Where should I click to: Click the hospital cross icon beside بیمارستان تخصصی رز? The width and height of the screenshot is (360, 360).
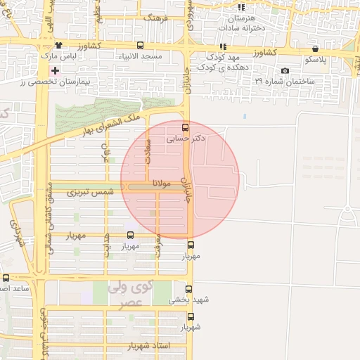tap(55, 70)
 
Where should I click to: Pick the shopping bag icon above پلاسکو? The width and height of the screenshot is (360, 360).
tap(315, 50)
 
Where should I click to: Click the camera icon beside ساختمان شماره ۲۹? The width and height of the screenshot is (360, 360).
tap(285, 71)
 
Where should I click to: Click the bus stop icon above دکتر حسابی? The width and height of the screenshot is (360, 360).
tap(185, 127)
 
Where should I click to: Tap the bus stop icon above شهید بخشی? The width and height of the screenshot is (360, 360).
tap(188, 289)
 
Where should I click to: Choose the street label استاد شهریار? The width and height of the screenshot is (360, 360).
tap(149, 347)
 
